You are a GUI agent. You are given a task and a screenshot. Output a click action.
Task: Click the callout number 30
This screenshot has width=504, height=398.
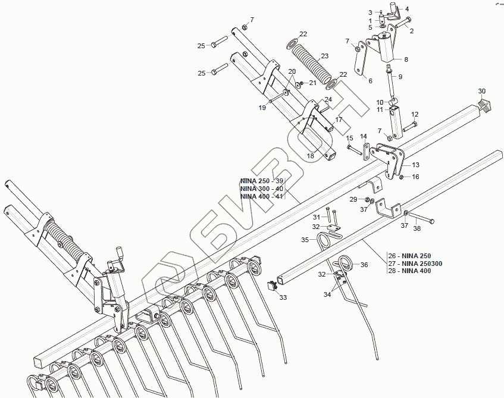482,91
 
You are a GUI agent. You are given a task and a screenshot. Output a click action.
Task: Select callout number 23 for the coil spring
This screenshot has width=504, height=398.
324,56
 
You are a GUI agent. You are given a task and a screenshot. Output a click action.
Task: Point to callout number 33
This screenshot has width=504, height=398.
283,297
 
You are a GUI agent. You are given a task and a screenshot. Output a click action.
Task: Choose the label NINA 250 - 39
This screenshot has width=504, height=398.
262,181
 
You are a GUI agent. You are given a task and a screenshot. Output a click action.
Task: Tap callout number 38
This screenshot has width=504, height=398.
417,228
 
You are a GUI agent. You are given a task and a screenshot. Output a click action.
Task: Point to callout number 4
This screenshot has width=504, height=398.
407,9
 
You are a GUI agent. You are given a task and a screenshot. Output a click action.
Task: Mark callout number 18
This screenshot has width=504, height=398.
311,156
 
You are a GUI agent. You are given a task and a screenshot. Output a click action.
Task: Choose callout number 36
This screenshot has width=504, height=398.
364,265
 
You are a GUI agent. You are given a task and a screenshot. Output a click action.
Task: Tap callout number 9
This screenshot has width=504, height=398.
400,77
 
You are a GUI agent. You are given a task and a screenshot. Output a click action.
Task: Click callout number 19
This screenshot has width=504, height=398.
262,108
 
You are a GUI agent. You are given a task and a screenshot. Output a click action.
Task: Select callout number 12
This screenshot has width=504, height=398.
415,114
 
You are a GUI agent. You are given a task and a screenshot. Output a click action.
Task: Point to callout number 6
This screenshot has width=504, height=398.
370,81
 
